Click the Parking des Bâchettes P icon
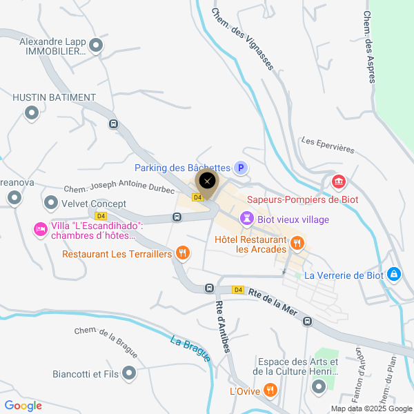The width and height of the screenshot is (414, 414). click(241, 168)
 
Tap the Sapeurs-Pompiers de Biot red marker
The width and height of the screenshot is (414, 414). click(338, 182)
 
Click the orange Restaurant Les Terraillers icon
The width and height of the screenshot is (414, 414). click(182, 253)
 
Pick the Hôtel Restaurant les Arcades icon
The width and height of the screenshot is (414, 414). click(297, 242)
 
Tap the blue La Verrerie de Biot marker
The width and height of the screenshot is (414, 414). click(394, 274)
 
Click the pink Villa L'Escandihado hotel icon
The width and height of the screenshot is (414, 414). click(40, 228)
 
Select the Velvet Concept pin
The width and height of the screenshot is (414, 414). click(50, 204)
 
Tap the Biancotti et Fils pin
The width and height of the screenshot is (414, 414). click(128, 375)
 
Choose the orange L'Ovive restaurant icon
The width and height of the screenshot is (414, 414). click(270, 391)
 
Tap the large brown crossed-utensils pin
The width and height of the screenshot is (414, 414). click(207, 182)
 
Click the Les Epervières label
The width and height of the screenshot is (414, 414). click(328, 145)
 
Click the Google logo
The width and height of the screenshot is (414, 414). click(23, 405)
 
